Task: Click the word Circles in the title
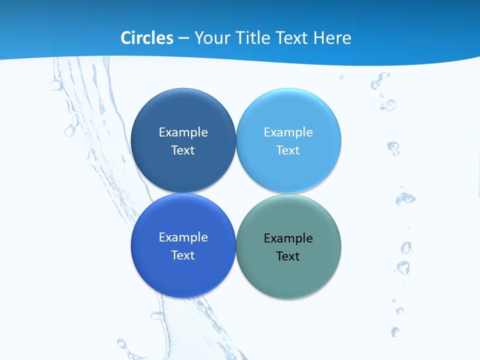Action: point(146,38)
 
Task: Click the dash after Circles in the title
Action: point(183,38)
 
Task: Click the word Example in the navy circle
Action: point(183,132)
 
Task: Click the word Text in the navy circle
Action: point(183,150)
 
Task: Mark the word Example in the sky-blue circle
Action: point(288,132)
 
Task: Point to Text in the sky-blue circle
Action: point(288,150)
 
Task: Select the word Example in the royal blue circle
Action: point(183,237)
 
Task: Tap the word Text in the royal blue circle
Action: point(183,255)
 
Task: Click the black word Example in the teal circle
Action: point(288,238)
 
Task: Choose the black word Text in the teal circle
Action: point(288,256)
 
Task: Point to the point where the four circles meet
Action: point(236,193)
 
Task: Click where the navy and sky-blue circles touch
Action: point(236,140)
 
